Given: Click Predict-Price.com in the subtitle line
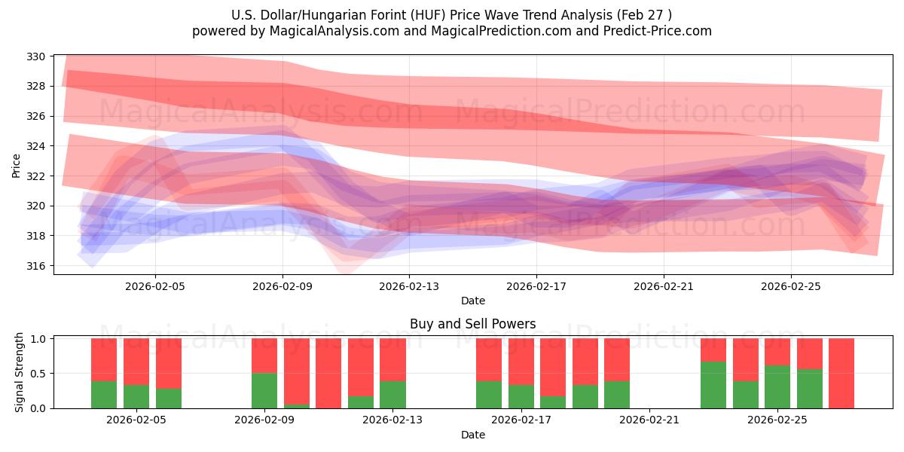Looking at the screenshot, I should [x=654, y=31].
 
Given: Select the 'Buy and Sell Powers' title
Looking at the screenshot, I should [x=472, y=324].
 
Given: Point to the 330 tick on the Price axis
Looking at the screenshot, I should [x=38, y=56].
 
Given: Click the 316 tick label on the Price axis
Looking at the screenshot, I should [x=38, y=266].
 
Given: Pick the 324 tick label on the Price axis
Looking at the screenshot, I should [x=38, y=146].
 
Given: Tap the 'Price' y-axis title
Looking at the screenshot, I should [x=17, y=164].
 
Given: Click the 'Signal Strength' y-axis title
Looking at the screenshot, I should [x=20, y=373].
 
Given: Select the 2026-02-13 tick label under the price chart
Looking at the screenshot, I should [x=409, y=286].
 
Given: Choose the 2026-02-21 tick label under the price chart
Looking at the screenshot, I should [x=664, y=286].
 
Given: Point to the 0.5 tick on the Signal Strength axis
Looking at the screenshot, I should [x=38, y=374].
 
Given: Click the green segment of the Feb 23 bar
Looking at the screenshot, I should [x=713, y=385].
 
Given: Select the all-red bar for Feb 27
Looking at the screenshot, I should [x=841, y=373].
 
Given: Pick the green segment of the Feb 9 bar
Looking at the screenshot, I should [x=264, y=390].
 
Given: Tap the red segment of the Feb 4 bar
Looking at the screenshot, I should [x=136, y=362].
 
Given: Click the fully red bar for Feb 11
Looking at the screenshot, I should [x=328, y=373].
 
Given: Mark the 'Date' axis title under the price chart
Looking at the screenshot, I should [x=472, y=301].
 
